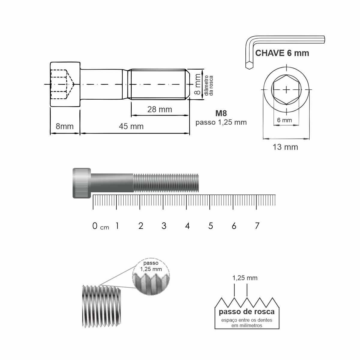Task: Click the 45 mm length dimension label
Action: point(131,126)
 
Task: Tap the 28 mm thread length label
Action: point(160,109)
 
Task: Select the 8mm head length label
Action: point(64,126)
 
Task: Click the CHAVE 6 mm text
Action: point(282,53)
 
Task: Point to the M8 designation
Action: point(221,113)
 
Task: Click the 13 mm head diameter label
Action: point(285,147)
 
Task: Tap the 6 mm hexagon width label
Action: point(284,120)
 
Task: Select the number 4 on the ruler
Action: point(187,226)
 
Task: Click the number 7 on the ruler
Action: point(257,226)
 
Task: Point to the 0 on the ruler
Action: point(95,226)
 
